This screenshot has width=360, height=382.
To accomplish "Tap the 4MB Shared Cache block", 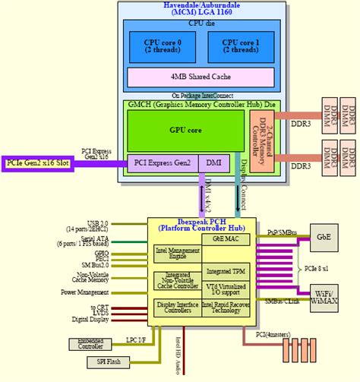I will click(201, 77).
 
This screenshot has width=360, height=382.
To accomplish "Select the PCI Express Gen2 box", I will click(162, 162).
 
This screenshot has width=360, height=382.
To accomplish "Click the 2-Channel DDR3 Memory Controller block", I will click(261, 139).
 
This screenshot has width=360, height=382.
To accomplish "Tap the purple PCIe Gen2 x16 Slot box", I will click(36, 162).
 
